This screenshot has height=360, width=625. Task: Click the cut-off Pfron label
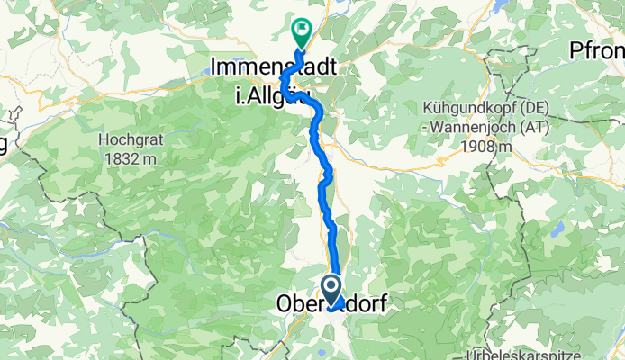(596, 51)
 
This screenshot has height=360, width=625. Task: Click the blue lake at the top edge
(498, 5)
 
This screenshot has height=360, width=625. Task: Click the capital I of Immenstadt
(214, 66)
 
